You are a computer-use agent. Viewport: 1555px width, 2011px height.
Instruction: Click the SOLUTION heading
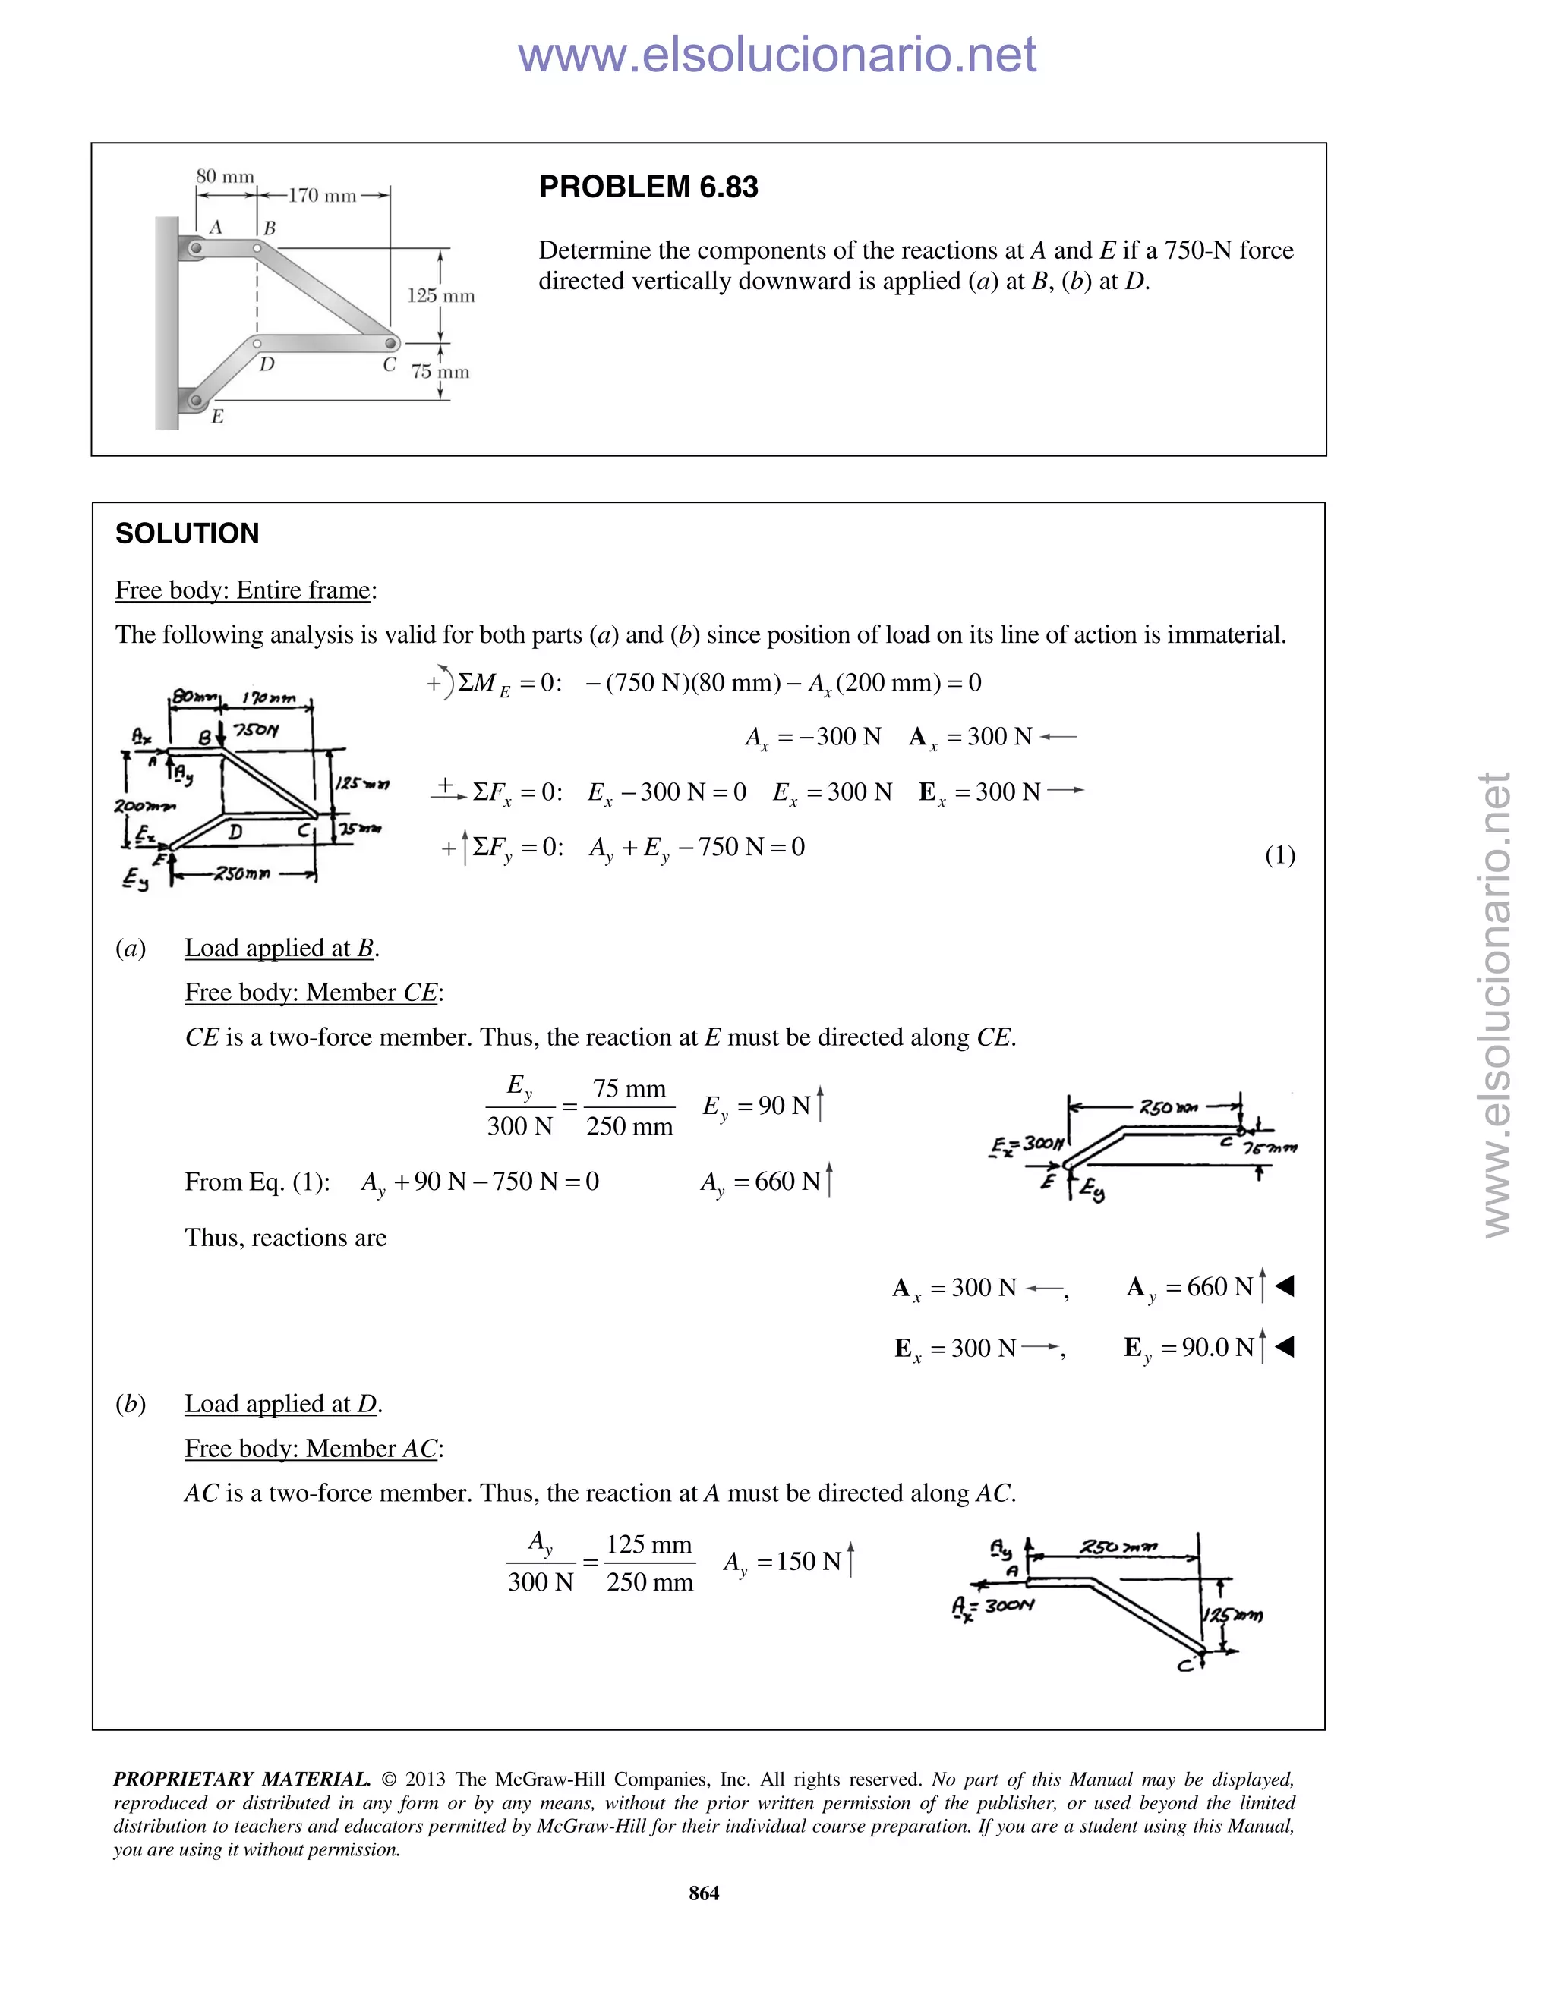187,533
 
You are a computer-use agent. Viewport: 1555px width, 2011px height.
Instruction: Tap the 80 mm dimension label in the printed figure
225,176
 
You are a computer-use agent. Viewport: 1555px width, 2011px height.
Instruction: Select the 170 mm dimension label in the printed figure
323,195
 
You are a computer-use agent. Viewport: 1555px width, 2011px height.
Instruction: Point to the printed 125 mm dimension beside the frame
441,295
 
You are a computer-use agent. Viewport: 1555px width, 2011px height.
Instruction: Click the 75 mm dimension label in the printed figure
440,372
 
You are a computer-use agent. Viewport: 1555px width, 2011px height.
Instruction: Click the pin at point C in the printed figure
390,344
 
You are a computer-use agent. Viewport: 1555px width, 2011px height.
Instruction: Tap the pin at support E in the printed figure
195,401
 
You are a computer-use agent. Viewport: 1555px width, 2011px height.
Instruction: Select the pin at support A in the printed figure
195,247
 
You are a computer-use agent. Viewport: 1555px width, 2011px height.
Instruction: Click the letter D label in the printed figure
267,364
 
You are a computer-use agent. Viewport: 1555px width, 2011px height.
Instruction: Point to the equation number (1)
1279,855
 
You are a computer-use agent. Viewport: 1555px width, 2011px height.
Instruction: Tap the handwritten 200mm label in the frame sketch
144,807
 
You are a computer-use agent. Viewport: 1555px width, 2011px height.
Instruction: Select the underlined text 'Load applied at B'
281,948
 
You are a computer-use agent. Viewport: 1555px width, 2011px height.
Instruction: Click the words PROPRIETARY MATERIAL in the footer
241,1779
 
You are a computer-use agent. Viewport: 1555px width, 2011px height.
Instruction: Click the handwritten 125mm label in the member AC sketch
1235,1615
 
